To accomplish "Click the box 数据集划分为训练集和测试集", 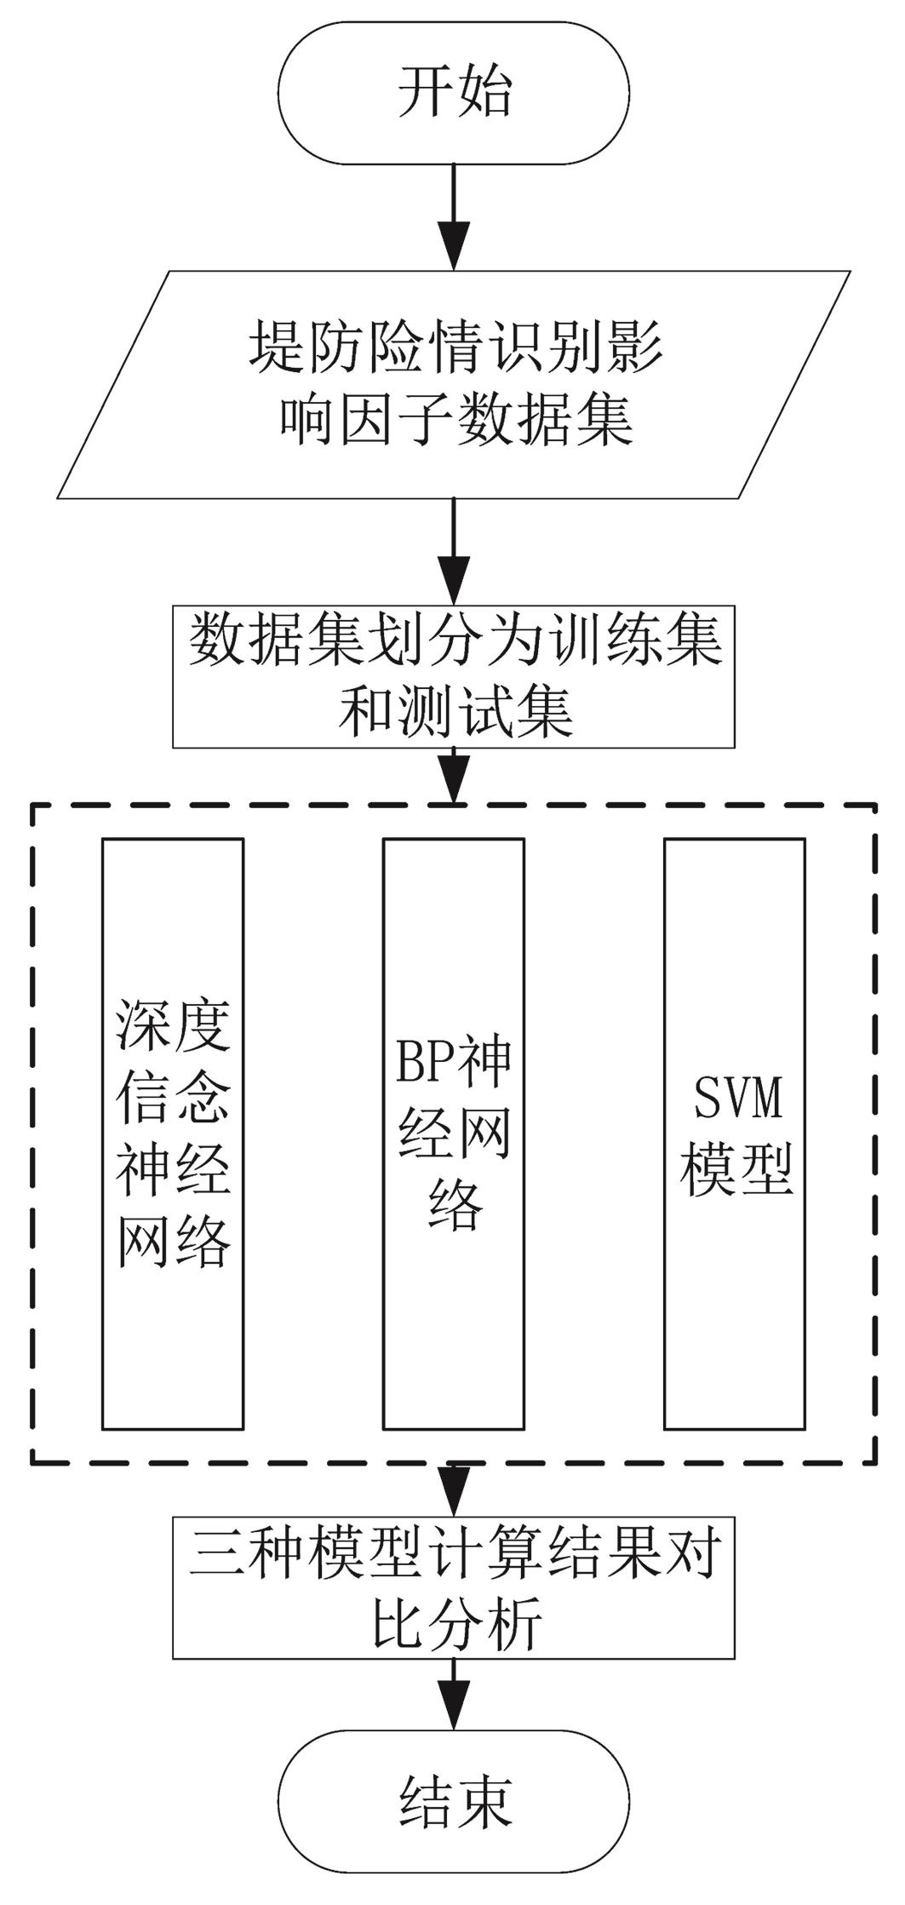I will point(454,676).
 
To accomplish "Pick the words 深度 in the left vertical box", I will point(173,1024).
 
